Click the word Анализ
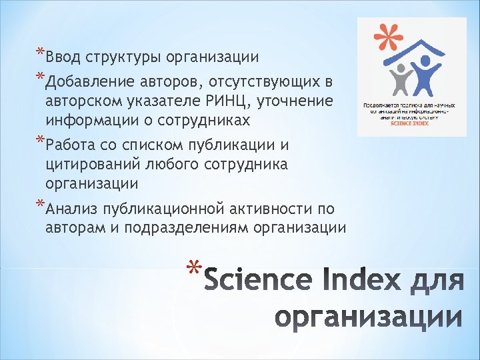[x=71, y=210]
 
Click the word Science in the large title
[x=257, y=280]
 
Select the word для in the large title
[x=438, y=281]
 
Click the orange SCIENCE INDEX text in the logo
[x=411, y=124]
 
